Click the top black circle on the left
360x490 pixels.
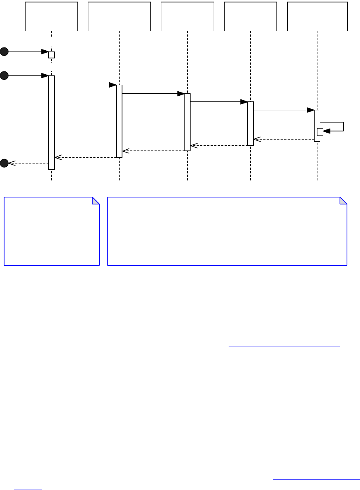point(4,52)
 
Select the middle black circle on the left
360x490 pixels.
point(4,75)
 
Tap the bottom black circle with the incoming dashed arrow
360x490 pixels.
point(4,163)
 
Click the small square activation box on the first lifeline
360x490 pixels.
point(51,55)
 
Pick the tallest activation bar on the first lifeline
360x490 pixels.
point(51,122)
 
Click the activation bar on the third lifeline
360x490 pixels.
point(187,122)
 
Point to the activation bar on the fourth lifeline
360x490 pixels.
point(251,123)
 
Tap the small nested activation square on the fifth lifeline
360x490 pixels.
point(320,131)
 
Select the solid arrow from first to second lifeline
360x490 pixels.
point(85,85)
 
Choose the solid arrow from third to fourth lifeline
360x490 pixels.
point(219,102)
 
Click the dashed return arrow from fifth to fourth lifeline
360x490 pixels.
point(284,140)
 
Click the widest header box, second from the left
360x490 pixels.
point(119,16)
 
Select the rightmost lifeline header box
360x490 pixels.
point(317,16)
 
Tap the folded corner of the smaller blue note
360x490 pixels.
point(96,200)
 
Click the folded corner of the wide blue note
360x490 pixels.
point(343,200)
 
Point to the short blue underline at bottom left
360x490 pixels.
point(28,489)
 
